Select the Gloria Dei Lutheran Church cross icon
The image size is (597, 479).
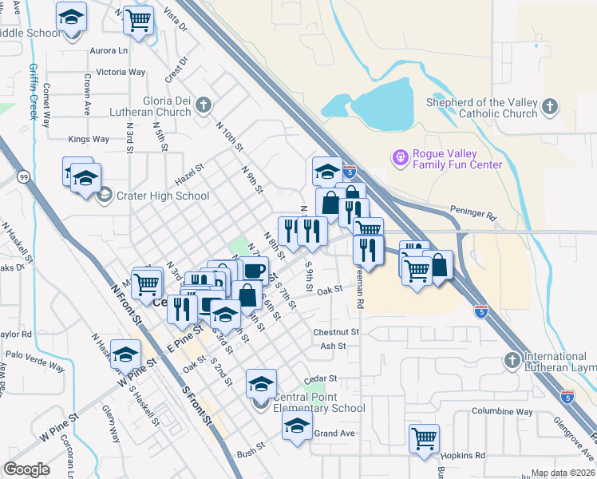204,105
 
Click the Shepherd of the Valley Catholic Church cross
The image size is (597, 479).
549,107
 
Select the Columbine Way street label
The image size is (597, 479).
501,411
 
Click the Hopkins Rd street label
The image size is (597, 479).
464,454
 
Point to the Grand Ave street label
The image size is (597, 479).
334,433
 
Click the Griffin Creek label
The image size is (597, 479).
34,91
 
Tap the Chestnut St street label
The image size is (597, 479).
336,331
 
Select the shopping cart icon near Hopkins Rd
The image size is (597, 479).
424,438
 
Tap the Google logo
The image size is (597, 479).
26,469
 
